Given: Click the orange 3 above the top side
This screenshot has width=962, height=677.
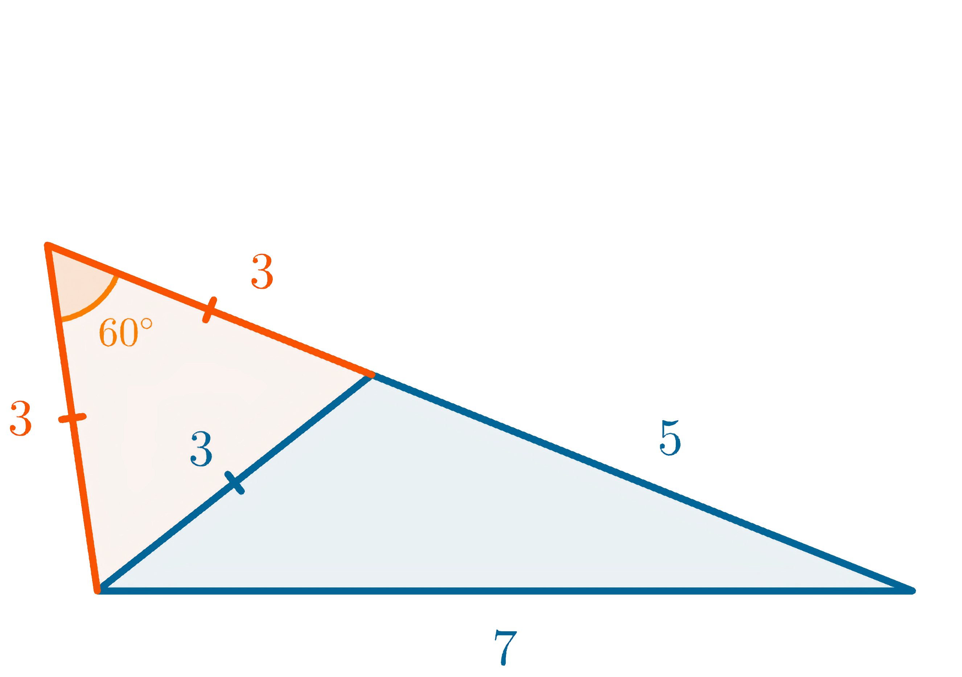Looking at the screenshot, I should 262,272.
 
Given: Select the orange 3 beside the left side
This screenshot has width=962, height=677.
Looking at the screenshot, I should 21,418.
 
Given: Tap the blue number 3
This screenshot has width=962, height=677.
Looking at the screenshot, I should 202,449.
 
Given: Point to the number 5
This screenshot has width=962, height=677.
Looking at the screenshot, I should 670,438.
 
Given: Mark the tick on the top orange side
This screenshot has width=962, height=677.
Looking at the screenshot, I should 210,310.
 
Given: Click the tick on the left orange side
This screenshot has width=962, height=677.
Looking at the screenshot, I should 72,418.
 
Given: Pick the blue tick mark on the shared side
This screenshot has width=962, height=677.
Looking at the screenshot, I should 235,483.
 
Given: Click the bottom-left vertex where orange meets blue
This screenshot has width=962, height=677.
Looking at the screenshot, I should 98,590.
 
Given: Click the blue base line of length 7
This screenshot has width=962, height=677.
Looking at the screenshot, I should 503,591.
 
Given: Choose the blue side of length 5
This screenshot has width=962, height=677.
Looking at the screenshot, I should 641,482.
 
